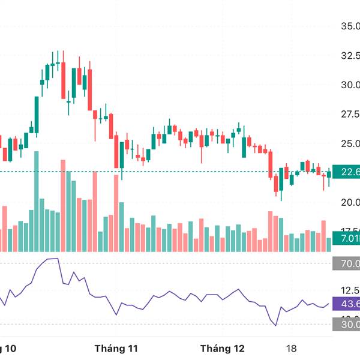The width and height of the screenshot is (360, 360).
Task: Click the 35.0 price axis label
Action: pos(350,26)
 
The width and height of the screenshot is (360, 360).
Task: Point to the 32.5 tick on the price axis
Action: pos(350,56)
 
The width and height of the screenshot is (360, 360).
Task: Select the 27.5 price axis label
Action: pos(350,114)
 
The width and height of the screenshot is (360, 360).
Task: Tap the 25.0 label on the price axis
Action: pos(350,143)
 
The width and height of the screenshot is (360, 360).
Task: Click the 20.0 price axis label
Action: pos(350,202)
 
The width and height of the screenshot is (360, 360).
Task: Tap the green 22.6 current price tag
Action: pos(346,172)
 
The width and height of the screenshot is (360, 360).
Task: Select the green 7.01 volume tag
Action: pos(346,239)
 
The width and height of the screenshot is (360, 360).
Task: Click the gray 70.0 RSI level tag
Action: pos(346,263)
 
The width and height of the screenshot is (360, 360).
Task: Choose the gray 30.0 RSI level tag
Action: pos(346,325)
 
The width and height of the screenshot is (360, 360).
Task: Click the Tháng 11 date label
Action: pos(116,348)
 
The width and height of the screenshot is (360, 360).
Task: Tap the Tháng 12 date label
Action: pos(223,348)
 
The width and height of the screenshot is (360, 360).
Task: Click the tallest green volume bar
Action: pos(37,201)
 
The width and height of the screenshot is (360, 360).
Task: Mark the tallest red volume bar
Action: pos(62,205)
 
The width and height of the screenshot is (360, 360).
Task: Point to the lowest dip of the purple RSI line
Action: pos(276,325)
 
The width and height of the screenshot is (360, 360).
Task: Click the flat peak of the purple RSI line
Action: pos(53,259)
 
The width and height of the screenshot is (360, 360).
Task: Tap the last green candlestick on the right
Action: pos(329,175)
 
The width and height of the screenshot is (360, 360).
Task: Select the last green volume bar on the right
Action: pos(329,244)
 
